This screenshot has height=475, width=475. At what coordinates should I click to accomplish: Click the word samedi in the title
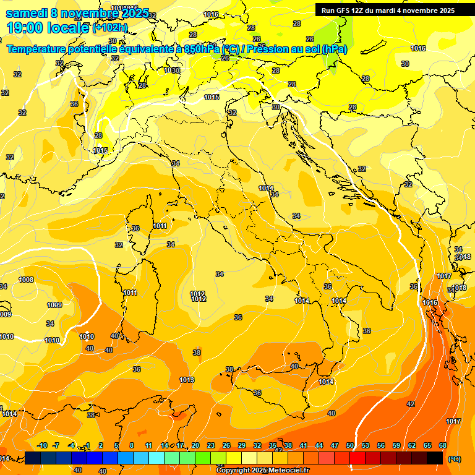pos(27,13)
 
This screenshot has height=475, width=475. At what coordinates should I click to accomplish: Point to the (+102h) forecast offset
pos(109,28)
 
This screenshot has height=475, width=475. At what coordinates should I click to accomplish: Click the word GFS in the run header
pos(346,10)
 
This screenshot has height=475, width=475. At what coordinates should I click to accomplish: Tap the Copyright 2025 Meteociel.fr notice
pos(263,471)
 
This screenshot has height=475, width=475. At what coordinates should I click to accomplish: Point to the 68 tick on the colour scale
pos(443,445)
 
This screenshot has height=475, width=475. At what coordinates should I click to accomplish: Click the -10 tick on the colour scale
pos(42,445)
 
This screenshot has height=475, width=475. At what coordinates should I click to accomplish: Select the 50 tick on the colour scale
pos(350,445)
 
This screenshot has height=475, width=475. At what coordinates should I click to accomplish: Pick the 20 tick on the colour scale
pos(195,445)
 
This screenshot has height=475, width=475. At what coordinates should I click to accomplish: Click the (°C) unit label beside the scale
pos(454,458)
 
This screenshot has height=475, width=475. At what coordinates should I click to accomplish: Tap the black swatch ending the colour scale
pos(435,458)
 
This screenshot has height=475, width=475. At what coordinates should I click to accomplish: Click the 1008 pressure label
pos(26,280)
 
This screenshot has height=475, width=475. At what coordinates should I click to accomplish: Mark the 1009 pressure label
pos(54,305)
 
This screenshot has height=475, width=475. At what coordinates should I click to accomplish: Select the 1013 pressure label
pos(187,380)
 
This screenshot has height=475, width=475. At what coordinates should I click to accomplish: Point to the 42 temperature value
pos(411,404)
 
